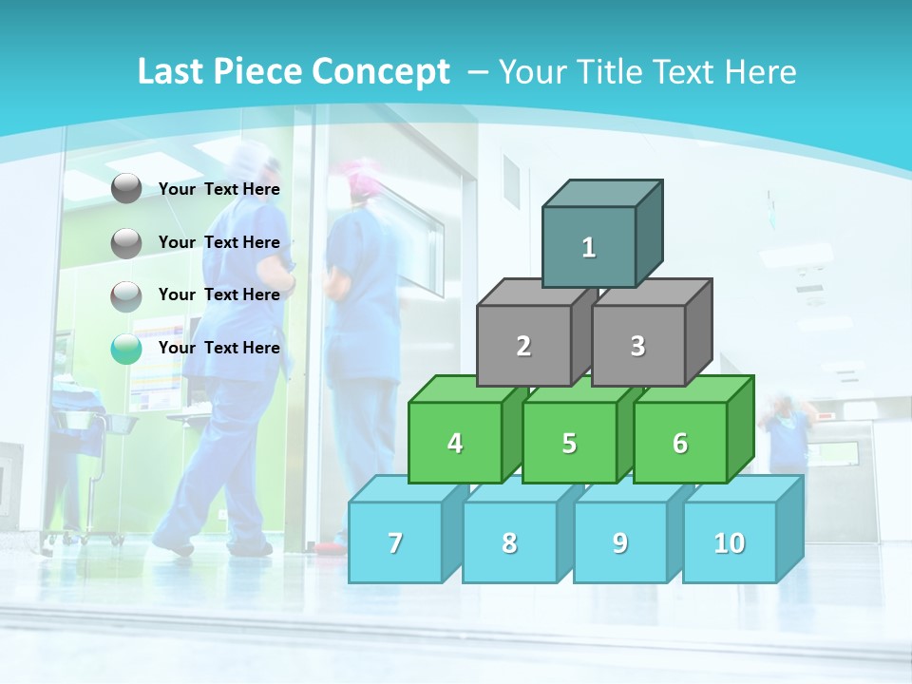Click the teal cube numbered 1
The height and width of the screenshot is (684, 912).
pos(589,247)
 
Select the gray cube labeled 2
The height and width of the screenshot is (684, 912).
pos(523,346)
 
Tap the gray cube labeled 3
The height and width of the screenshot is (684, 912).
pos(637,346)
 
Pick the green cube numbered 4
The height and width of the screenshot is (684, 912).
pos(455,443)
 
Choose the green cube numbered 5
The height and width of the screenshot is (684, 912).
pos(569,443)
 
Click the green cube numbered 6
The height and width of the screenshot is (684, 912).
pos(680,443)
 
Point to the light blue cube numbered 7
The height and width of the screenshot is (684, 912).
pos(395,542)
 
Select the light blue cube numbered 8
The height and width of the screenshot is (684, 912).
pos(509,542)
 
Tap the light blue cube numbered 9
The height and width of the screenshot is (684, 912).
pos(620,542)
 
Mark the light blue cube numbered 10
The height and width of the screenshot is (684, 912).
pos(730,542)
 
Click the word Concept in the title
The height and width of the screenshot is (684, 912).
pos(381,72)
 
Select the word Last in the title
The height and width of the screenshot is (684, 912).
pos(171,72)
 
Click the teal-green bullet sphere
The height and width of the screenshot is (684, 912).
pos(126,349)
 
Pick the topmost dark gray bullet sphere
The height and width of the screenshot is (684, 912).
pos(126,189)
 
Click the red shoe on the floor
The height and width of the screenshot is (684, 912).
pos(331,547)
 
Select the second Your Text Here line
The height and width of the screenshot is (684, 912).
pos(218,242)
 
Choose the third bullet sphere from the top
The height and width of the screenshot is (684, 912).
pos(126,296)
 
